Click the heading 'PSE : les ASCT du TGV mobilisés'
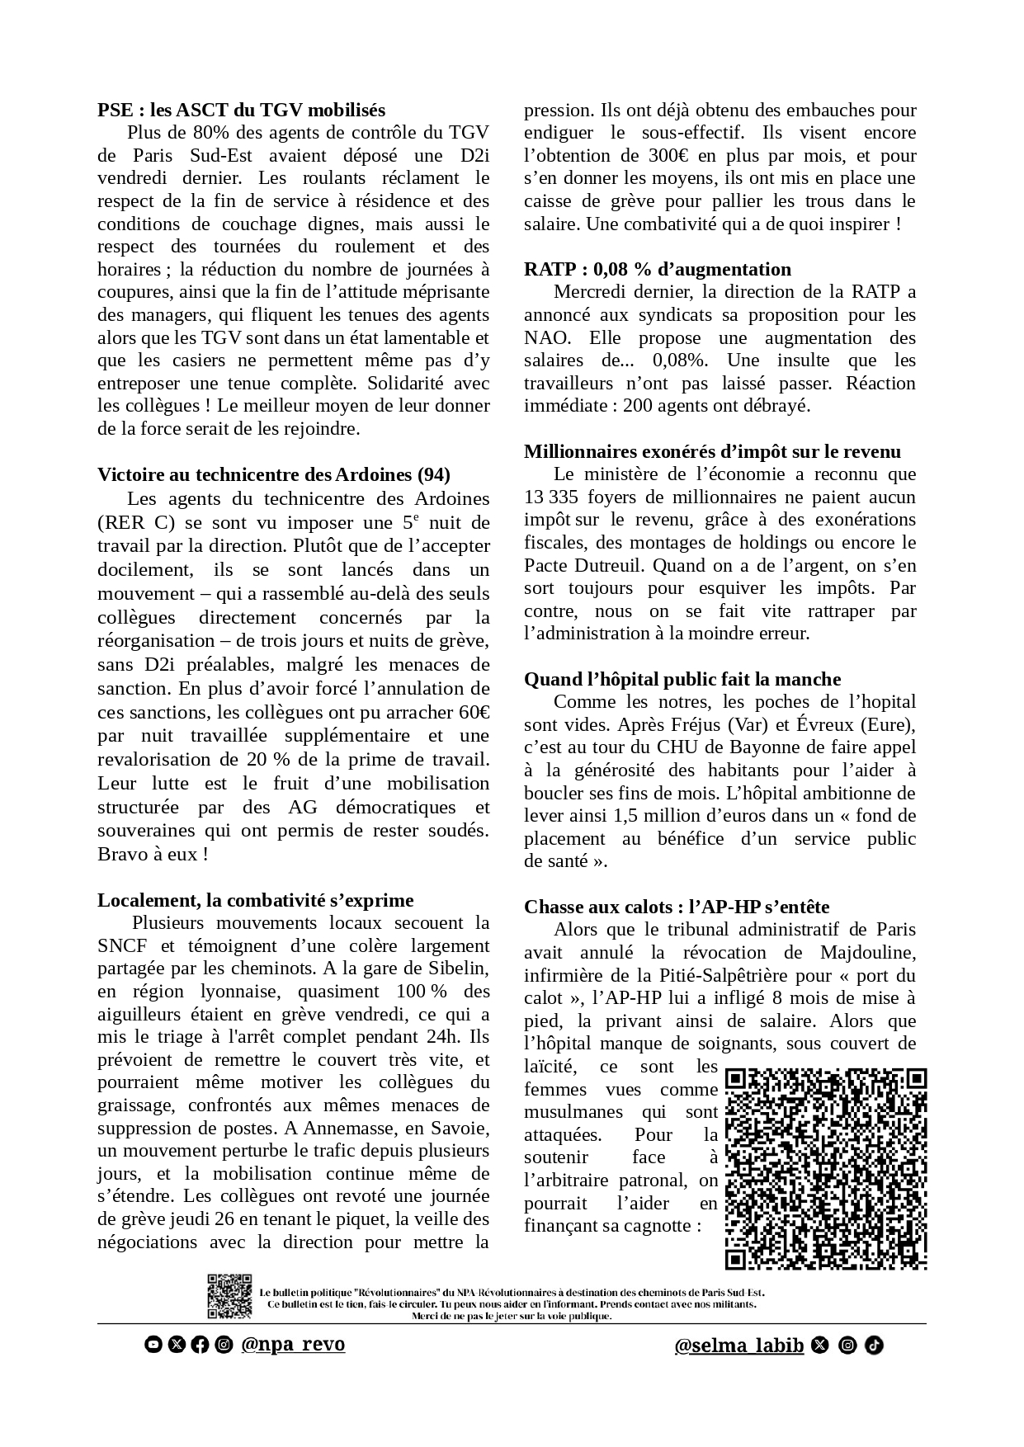(x=241, y=110)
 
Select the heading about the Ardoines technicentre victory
(x=274, y=474)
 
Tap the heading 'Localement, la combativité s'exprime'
(x=256, y=900)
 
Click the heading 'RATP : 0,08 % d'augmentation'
(x=658, y=269)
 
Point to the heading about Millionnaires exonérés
(x=712, y=451)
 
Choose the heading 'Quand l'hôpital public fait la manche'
(x=682, y=679)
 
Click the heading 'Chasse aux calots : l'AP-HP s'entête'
(x=677, y=907)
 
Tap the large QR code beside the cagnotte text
(x=826, y=1169)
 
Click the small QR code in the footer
(x=229, y=1296)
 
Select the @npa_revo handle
(x=293, y=1344)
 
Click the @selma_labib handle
(x=739, y=1346)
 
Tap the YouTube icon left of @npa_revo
(x=153, y=1345)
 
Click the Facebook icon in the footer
(x=200, y=1345)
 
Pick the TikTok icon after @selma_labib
(x=875, y=1346)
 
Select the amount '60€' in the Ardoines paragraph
(x=473, y=712)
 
